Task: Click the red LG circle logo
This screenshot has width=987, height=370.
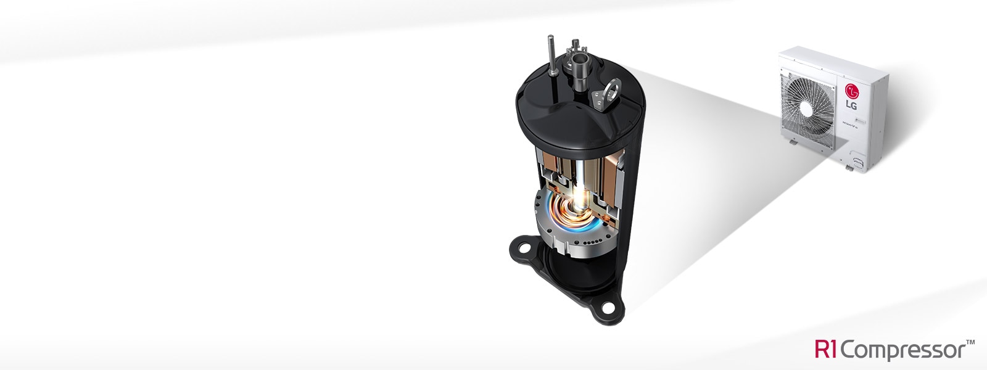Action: pos(853,91)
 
